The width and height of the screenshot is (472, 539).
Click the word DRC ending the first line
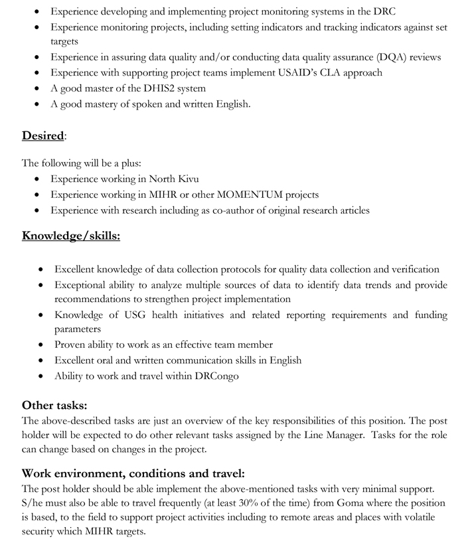click(x=384, y=11)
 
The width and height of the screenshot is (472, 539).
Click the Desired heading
click(x=43, y=136)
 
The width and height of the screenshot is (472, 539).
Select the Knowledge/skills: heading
click(x=71, y=236)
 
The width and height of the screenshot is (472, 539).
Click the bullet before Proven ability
click(x=41, y=345)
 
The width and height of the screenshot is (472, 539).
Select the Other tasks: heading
click(x=54, y=405)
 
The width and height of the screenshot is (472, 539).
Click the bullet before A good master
click(x=37, y=88)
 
